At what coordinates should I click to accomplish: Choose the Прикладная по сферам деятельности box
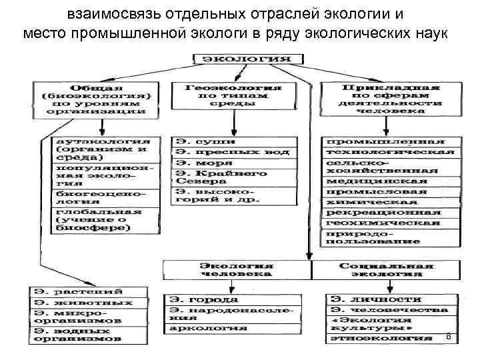click(390, 99)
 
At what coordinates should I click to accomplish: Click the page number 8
click(448, 336)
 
